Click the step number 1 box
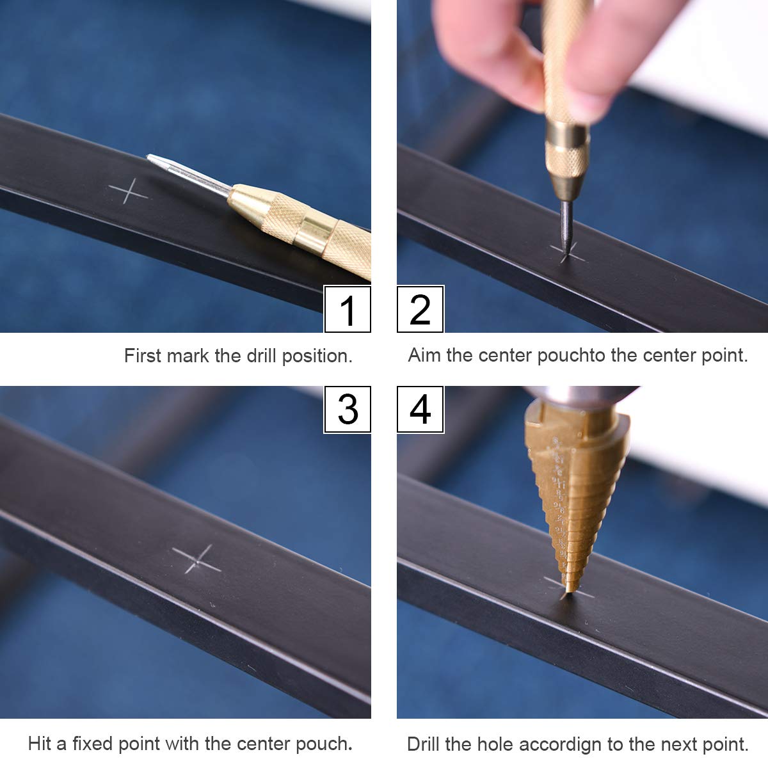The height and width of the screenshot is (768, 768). point(348,309)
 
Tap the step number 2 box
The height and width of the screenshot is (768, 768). point(420,309)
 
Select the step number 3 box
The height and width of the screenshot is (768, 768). point(348,410)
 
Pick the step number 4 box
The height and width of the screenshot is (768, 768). point(420,410)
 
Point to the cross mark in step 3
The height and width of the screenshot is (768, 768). point(197,559)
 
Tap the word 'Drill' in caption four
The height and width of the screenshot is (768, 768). point(423,744)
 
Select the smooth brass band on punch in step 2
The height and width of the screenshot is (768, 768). point(568,134)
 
